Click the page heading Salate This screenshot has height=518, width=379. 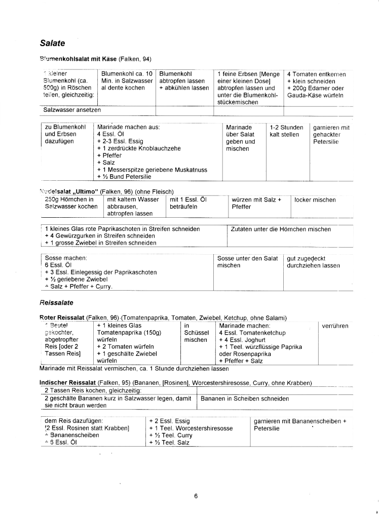(53, 44)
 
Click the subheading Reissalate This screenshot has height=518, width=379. (56, 302)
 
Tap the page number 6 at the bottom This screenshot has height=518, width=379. (196, 496)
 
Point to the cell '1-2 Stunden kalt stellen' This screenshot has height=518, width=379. (286, 131)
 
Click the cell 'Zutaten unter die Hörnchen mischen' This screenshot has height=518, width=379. (281, 229)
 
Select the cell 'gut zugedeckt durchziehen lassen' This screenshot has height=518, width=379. (313, 262)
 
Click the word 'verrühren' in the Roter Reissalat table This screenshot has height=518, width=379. (335, 326)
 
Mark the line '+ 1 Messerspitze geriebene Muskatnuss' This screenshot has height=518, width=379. (152, 170)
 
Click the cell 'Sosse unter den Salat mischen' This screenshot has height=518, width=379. (247, 262)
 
